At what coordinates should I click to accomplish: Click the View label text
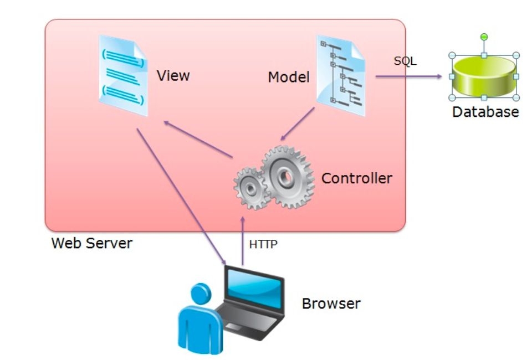[173, 75]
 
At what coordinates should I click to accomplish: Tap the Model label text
[288, 78]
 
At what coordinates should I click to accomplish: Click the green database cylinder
[483, 77]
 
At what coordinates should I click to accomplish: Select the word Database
[485, 112]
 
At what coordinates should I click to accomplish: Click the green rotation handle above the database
[484, 37]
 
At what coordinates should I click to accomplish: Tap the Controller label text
[356, 178]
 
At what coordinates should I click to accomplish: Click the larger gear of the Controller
[288, 176]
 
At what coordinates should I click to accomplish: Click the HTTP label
[263, 244]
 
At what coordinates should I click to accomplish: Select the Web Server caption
[91, 243]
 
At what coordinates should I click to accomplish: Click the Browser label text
[331, 304]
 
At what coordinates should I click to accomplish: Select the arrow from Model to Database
[410, 77]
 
